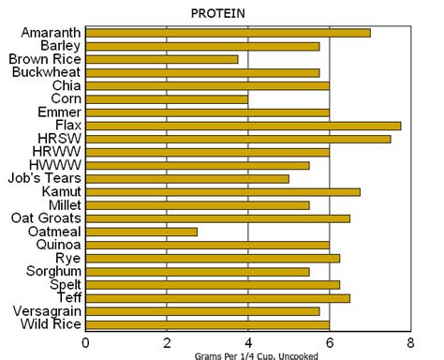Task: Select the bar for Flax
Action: point(243,125)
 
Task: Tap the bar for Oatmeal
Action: point(141,231)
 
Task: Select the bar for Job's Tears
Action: point(187,178)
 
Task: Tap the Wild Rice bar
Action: point(207,324)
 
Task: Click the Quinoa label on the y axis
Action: point(57,244)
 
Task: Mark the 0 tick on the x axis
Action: point(86,342)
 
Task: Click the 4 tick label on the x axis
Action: point(248,342)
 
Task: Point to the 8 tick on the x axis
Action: point(410,342)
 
